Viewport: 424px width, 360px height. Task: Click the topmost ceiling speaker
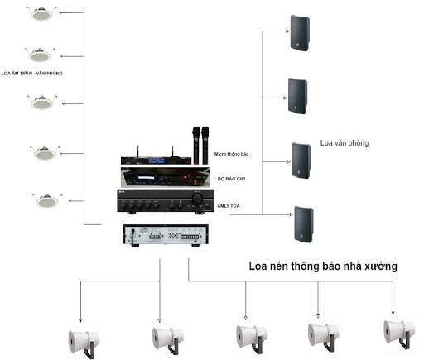(42, 13)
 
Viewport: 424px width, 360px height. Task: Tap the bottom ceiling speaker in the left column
(47, 200)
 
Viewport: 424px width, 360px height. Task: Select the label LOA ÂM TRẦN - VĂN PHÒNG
(32, 74)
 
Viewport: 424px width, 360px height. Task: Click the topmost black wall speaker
(300, 33)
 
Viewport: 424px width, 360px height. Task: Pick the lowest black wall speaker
(304, 224)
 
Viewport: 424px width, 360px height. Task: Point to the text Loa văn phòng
(344, 143)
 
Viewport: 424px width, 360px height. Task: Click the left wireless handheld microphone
(196, 146)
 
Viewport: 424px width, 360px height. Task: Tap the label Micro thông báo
(231, 154)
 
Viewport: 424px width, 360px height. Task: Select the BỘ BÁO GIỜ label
(231, 179)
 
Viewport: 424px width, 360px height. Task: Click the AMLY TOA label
(229, 206)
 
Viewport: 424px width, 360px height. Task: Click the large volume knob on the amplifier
(197, 199)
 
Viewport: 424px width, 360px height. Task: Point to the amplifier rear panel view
(166, 235)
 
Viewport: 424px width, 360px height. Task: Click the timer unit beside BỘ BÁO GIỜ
(165, 177)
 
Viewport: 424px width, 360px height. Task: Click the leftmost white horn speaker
(84, 341)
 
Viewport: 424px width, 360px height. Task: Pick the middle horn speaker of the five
(252, 338)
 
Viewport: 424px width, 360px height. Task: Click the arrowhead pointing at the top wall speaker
(287, 31)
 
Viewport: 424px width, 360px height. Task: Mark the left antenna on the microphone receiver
(137, 151)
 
